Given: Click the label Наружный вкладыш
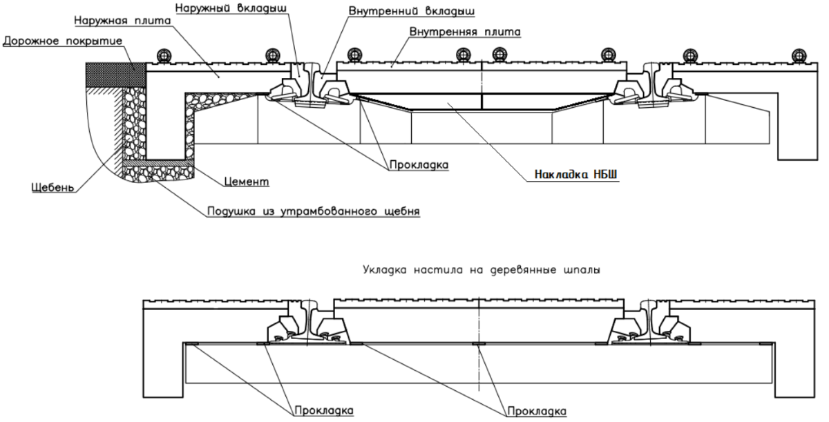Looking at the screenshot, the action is click(x=231, y=8).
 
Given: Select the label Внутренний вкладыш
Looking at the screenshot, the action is click(x=412, y=11).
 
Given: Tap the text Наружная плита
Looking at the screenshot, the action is click(x=122, y=20).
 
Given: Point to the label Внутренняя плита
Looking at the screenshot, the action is click(x=465, y=32).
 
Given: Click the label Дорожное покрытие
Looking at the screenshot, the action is click(x=63, y=41).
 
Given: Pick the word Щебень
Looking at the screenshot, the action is click(x=53, y=187).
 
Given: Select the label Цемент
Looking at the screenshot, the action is click(x=247, y=182).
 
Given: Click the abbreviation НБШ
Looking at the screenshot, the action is click(x=605, y=174).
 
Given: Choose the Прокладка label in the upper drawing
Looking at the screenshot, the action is click(x=419, y=165).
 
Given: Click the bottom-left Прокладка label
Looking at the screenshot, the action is click(x=324, y=410).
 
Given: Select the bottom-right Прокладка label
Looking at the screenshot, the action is click(x=537, y=411).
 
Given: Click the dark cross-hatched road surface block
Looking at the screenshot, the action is click(x=116, y=75).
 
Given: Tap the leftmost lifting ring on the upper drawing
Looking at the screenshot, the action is click(x=164, y=55).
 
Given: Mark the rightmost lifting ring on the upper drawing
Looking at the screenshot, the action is click(x=799, y=55).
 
